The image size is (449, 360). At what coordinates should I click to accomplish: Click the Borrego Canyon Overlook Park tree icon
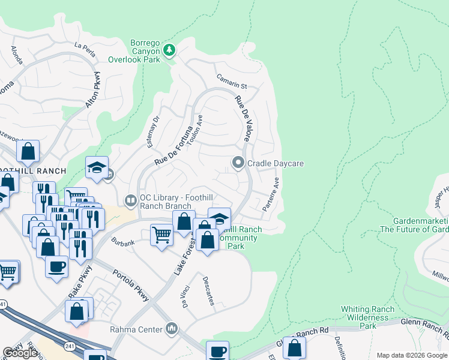[x=170, y=49]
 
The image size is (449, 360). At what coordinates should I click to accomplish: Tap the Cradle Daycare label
[x=276, y=163]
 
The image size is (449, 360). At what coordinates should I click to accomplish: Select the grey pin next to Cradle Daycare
[x=238, y=163]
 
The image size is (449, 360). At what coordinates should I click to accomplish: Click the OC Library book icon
[x=130, y=200]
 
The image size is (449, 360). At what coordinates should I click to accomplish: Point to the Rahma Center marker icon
[x=172, y=328]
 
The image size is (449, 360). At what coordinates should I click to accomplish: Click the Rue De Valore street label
[x=242, y=118]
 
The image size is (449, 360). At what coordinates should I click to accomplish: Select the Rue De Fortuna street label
[x=173, y=146]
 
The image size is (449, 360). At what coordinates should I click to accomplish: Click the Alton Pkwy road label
[x=93, y=89]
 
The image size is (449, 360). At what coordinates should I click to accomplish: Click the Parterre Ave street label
[x=271, y=194]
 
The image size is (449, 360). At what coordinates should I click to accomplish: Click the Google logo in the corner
[x=20, y=353]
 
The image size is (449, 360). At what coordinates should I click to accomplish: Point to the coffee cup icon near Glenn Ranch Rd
[x=217, y=350]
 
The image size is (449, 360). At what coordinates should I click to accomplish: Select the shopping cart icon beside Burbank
[x=161, y=234]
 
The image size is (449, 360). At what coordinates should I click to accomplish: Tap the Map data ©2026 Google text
[x=412, y=355]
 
